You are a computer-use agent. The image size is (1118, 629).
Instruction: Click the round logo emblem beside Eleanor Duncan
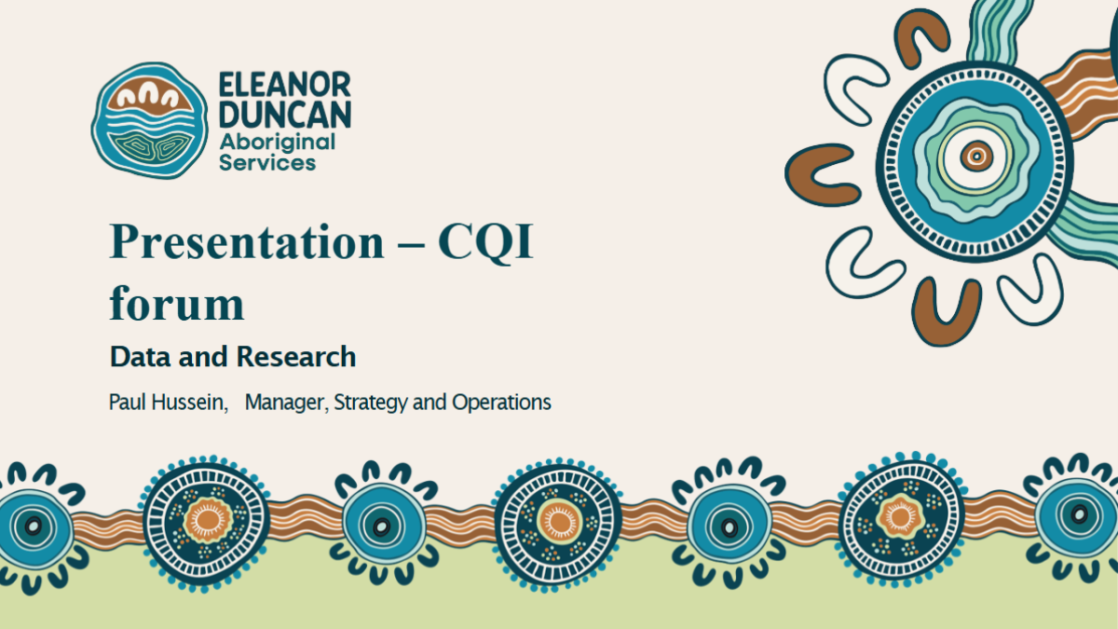tap(149, 120)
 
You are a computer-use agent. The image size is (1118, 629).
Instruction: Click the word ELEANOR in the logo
tap(285, 85)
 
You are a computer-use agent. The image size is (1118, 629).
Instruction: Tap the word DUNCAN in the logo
tap(285, 115)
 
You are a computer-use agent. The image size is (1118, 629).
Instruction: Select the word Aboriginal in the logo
tap(278, 144)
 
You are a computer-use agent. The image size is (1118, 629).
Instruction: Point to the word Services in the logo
tap(267, 163)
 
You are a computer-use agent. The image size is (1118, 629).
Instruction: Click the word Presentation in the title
tap(247, 241)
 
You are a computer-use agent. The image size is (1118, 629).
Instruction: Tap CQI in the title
tap(485, 241)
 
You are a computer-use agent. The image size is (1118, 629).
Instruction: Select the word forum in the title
tap(177, 302)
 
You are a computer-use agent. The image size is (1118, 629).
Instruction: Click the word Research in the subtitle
tap(296, 356)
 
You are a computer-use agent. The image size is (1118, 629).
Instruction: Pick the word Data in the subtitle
tap(141, 356)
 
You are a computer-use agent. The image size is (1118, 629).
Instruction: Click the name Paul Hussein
tap(169, 402)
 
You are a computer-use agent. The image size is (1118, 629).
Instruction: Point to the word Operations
tap(501, 403)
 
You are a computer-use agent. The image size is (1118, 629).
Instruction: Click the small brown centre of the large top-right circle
tap(976, 157)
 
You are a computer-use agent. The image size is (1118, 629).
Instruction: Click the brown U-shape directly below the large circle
tap(946, 312)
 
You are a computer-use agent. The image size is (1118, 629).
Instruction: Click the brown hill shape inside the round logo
tap(150, 96)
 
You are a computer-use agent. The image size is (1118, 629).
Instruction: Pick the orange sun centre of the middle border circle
tap(559, 522)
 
